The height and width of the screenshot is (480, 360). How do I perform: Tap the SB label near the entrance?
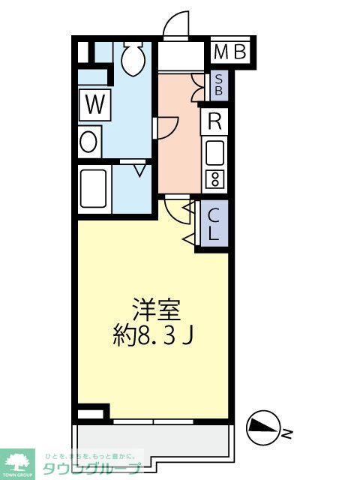pyautogui.click(x=218, y=84)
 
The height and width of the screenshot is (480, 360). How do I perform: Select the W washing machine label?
pyautogui.click(x=94, y=104)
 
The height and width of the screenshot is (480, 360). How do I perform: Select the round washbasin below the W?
pyautogui.click(x=88, y=142)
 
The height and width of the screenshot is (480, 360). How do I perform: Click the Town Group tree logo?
pyautogui.click(x=18, y=462)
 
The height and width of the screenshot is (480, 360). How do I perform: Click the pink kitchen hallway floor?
pyautogui.click(x=180, y=142)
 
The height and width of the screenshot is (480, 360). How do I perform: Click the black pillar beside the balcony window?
pyautogui.click(x=91, y=413)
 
